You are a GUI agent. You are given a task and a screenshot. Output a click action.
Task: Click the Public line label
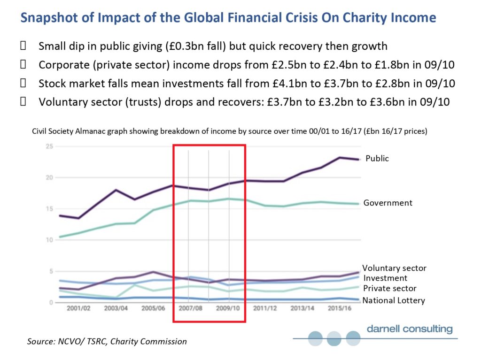[377, 159]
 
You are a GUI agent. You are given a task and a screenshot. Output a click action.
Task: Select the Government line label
[388, 203]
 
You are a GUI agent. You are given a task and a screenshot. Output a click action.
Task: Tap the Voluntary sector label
[394, 268]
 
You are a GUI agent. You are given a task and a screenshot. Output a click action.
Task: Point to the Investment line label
[385, 278]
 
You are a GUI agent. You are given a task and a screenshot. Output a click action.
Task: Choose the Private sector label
[389, 288]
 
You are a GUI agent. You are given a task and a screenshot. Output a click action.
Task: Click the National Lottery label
[394, 300]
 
